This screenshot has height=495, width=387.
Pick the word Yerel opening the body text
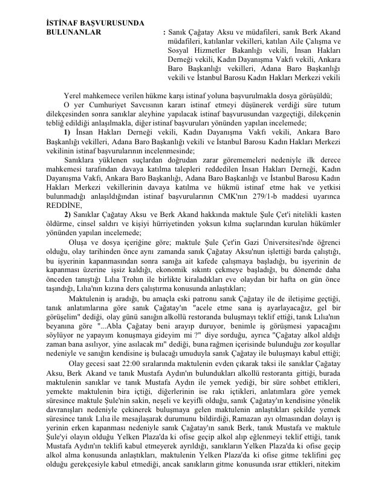click(x=73, y=95)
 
